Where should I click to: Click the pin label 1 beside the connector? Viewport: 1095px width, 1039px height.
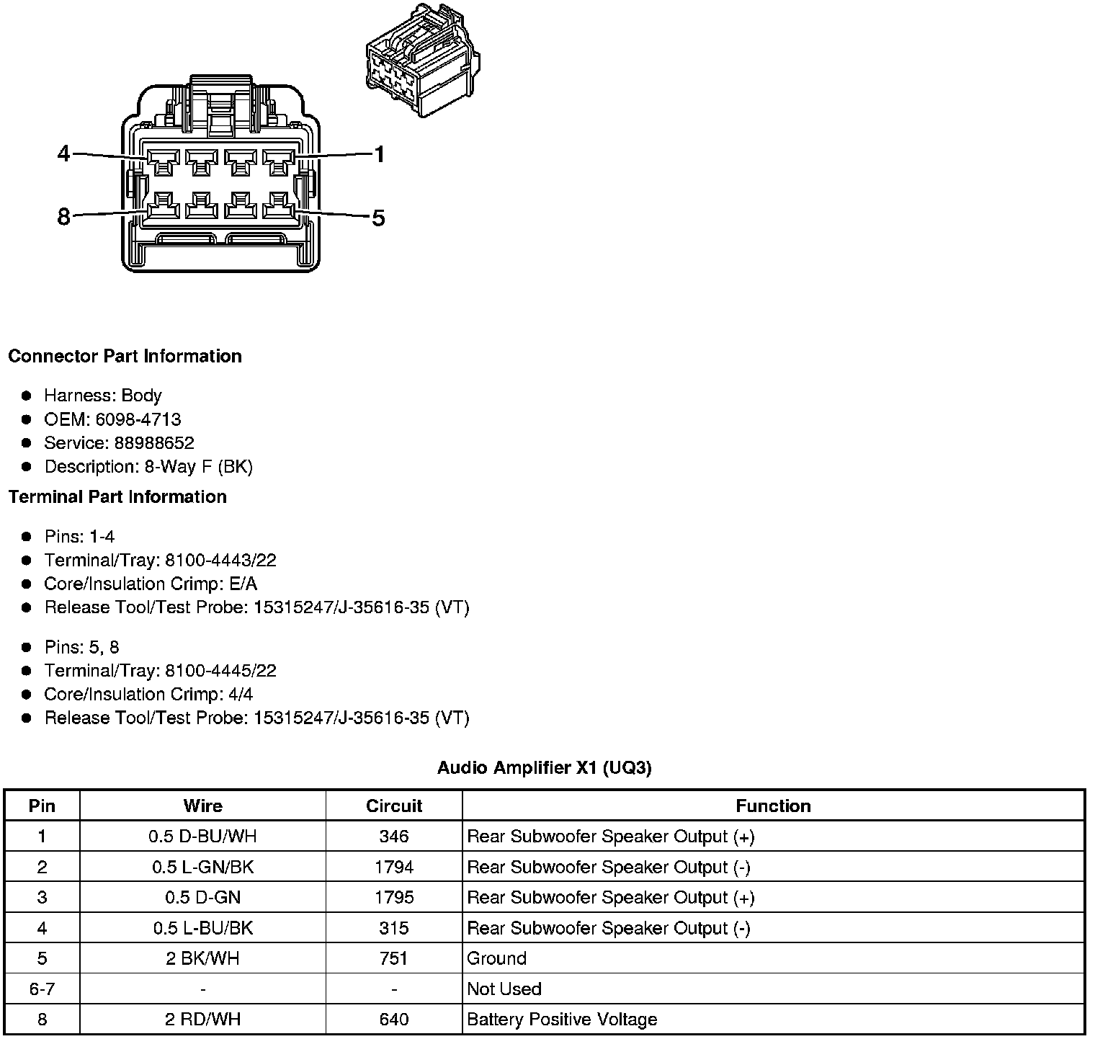point(379,154)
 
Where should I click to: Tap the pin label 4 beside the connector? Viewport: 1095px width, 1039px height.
point(64,153)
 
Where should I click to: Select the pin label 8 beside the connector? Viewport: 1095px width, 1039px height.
point(64,216)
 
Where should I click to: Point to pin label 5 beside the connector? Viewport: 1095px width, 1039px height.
point(379,218)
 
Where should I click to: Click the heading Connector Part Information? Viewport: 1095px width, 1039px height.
point(125,356)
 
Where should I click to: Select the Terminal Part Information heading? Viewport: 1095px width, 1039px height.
point(117,496)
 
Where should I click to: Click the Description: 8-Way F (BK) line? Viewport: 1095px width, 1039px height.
point(148,467)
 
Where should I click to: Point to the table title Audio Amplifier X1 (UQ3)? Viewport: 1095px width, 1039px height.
point(544,768)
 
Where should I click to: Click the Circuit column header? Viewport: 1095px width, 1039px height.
point(394,806)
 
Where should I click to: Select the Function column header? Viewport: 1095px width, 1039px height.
point(773,806)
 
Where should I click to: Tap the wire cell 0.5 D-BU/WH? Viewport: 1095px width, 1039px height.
point(202,837)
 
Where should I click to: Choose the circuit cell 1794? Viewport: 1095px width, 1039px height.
point(394,867)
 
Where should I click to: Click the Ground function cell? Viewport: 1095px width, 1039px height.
point(497,958)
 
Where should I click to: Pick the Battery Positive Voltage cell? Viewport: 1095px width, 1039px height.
point(562,1020)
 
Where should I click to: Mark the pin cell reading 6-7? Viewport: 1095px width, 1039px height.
point(42,989)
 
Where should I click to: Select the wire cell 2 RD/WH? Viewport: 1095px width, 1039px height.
point(202,1020)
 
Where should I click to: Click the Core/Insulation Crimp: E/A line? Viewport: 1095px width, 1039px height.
point(151,584)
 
